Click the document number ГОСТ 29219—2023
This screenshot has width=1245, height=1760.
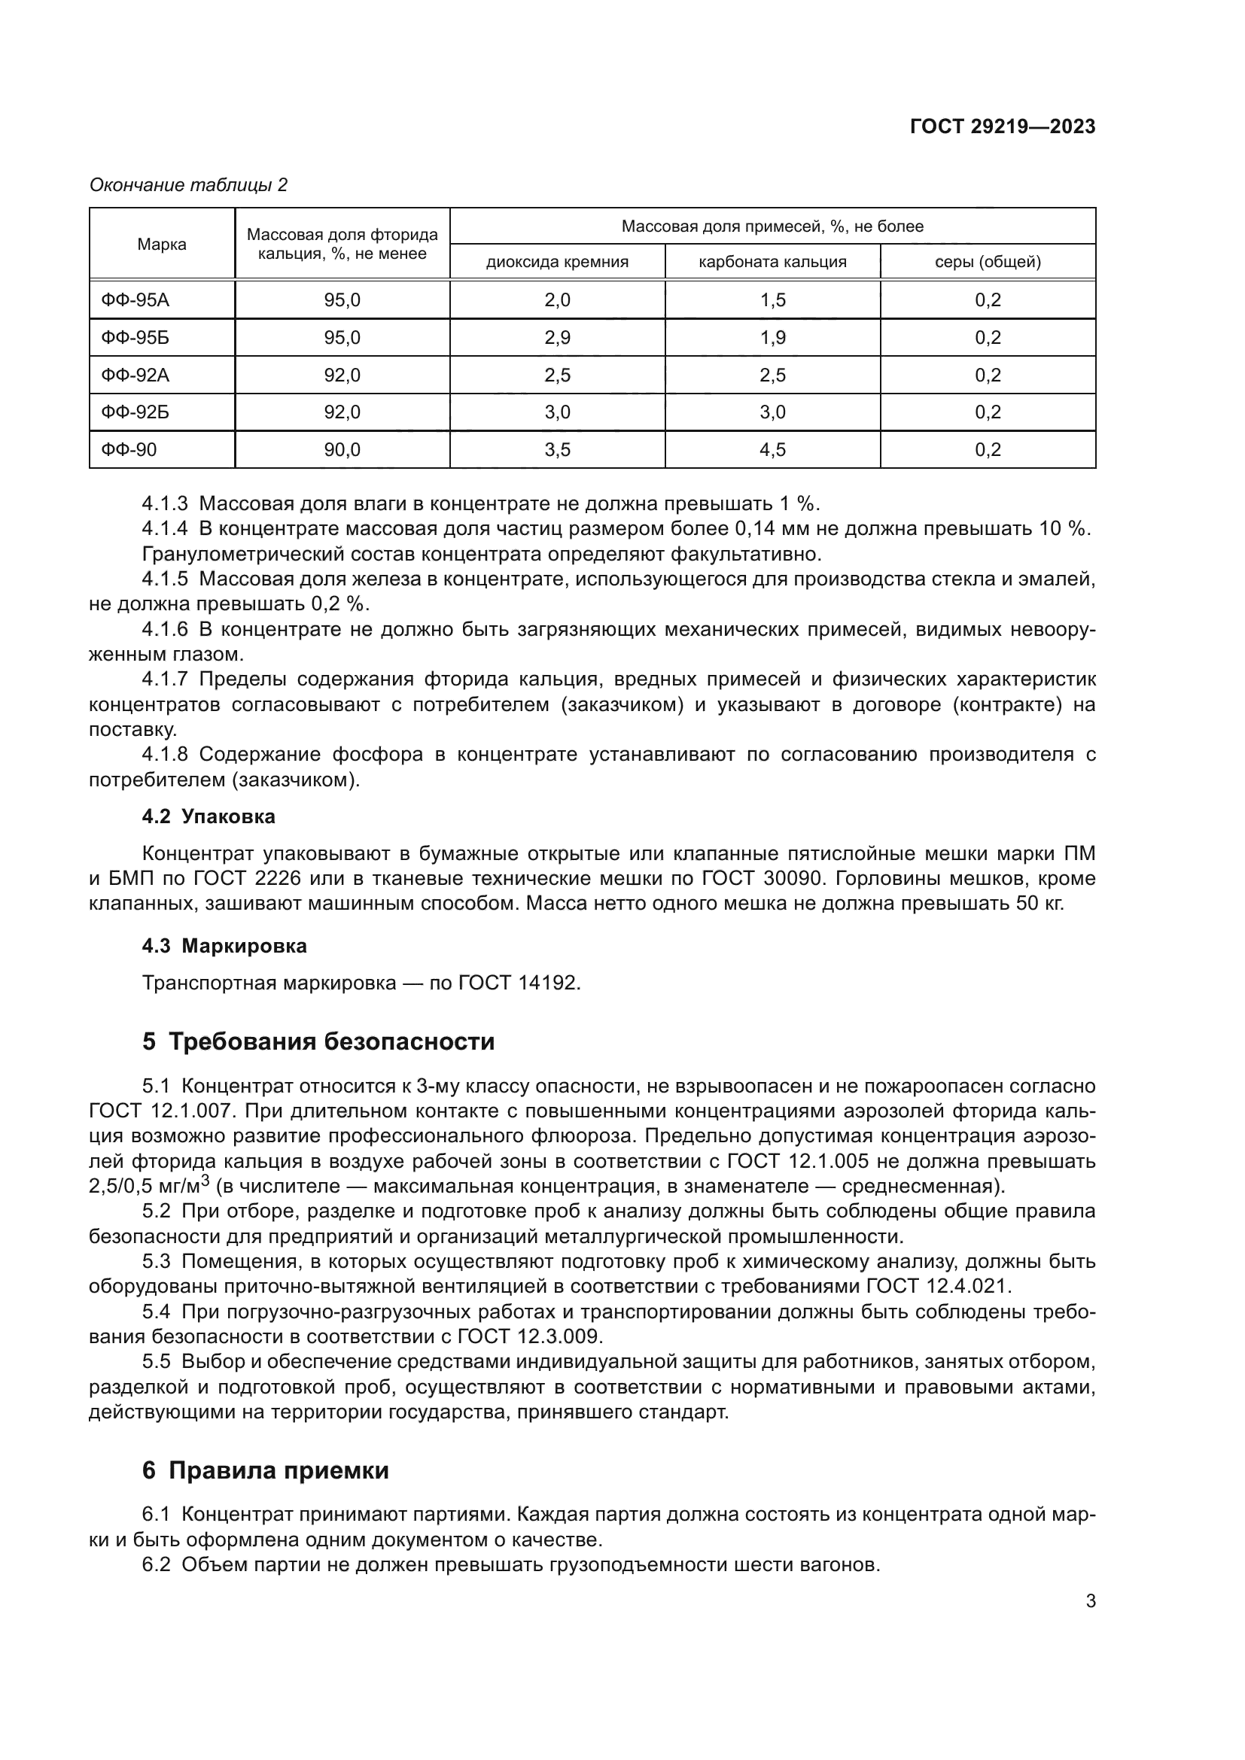pos(1002,127)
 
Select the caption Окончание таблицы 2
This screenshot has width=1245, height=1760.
pos(189,185)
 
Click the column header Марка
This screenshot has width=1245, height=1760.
pos(162,245)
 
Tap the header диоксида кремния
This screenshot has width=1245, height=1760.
pos(557,262)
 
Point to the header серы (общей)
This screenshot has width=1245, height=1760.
pos(988,262)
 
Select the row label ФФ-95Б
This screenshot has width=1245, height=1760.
pos(135,338)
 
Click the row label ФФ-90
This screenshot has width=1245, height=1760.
pos(129,450)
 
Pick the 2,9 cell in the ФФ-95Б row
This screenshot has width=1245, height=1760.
pos(557,338)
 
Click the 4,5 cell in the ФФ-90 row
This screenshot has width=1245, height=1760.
pos(772,450)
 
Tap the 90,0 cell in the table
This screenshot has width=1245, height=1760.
pos(342,450)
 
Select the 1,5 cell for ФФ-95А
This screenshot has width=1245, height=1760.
pos(772,300)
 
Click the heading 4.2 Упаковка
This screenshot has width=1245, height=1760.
pos(209,816)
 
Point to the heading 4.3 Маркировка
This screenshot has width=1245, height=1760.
pos(224,946)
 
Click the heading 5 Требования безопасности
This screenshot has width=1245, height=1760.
pos(318,1041)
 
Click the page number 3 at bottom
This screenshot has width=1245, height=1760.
pos(1090,1600)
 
